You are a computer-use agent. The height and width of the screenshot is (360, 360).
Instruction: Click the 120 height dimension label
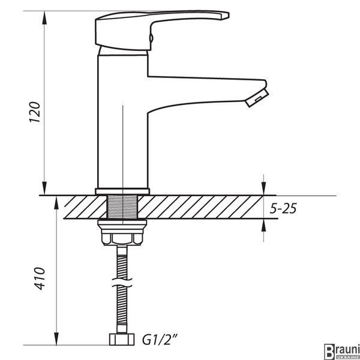click(x=35, y=112)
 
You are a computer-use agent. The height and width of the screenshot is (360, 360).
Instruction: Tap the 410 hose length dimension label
click(x=40, y=278)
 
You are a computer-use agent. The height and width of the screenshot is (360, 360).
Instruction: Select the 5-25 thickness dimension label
click(x=283, y=208)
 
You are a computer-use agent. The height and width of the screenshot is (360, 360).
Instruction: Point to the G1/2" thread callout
click(x=160, y=340)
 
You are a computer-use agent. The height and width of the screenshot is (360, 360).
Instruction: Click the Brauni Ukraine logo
click(x=342, y=351)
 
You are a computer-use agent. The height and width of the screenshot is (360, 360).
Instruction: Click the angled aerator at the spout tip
click(x=257, y=98)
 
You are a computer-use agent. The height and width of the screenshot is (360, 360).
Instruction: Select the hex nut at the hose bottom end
click(x=122, y=340)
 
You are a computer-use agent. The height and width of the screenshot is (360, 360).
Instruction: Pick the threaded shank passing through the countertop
click(x=122, y=206)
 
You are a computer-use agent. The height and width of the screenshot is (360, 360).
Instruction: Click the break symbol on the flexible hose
click(x=122, y=283)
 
